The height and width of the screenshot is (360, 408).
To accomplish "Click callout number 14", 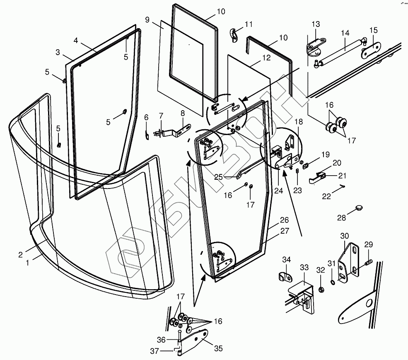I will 345,34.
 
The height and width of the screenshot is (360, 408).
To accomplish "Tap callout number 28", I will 341,217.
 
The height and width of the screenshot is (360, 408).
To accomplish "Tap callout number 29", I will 368,244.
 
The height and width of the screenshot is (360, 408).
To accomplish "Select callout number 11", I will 248,24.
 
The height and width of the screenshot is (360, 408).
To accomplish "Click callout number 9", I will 147,19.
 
